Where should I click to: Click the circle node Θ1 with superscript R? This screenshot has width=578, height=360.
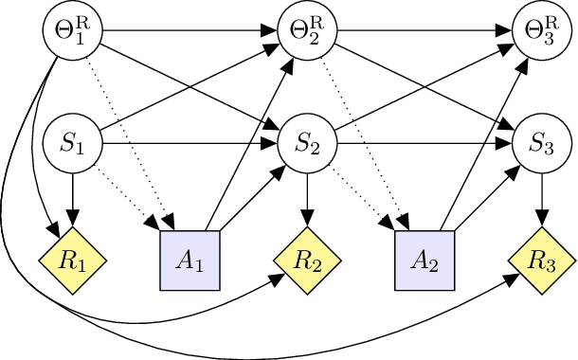tap(72, 30)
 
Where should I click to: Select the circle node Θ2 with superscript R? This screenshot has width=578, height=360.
tap(307, 30)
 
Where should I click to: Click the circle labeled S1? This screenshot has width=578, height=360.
tap(72, 145)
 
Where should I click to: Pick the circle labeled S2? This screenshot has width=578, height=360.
tap(307, 145)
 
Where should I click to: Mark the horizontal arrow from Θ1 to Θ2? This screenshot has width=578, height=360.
tap(190, 30)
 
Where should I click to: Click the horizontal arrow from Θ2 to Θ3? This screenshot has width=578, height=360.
tap(424, 30)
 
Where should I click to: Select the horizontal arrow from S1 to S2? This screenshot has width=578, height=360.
tap(190, 145)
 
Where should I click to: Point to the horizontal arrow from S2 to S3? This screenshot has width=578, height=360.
tap(424, 145)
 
